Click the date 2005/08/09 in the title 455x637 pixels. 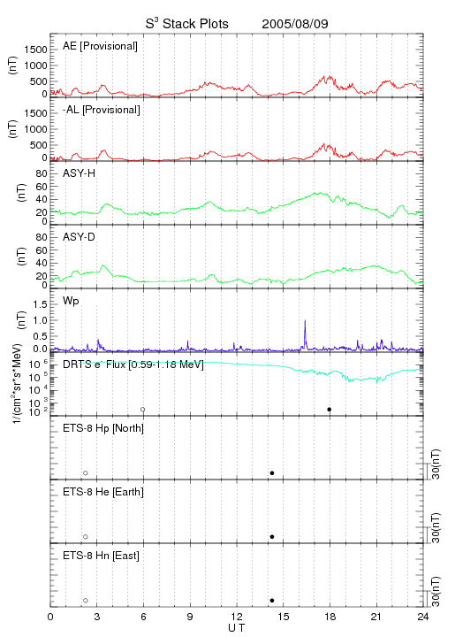click(295, 24)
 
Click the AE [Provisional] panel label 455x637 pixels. click(100, 46)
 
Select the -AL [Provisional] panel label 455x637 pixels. click(102, 110)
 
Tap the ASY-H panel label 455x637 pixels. click(80, 173)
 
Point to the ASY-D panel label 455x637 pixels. click(80, 237)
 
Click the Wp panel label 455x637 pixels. click(71, 301)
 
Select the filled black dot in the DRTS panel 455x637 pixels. click(330, 410)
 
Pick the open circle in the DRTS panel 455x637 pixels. click(143, 410)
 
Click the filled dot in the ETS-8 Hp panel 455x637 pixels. click(272, 473)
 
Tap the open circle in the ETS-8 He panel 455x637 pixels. click(86, 537)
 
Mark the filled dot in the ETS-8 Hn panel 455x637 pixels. click(272, 601)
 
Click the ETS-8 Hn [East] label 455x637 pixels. click(101, 556)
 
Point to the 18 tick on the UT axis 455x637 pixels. click(330, 618)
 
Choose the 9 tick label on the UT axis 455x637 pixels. click(190, 618)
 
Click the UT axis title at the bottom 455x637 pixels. click(237, 628)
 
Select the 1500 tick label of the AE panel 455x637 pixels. click(35, 50)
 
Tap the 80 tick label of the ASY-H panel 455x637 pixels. click(42, 174)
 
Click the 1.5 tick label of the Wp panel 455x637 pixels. click(40, 304)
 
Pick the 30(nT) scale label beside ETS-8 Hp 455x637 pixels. click(436, 464)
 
